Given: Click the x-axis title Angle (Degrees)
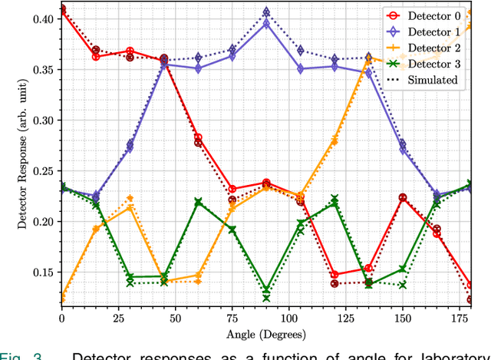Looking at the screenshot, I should [x=265, y=333].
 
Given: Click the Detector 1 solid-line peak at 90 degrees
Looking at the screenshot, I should [x=266, y=24].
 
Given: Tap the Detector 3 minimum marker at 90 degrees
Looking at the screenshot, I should [x=266, y=291].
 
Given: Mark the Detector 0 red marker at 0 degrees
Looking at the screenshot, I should [x=62, y=9].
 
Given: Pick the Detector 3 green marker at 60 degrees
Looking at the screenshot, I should [x=198, y=202].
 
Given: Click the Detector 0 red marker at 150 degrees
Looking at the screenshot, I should [x=402, y=198].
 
